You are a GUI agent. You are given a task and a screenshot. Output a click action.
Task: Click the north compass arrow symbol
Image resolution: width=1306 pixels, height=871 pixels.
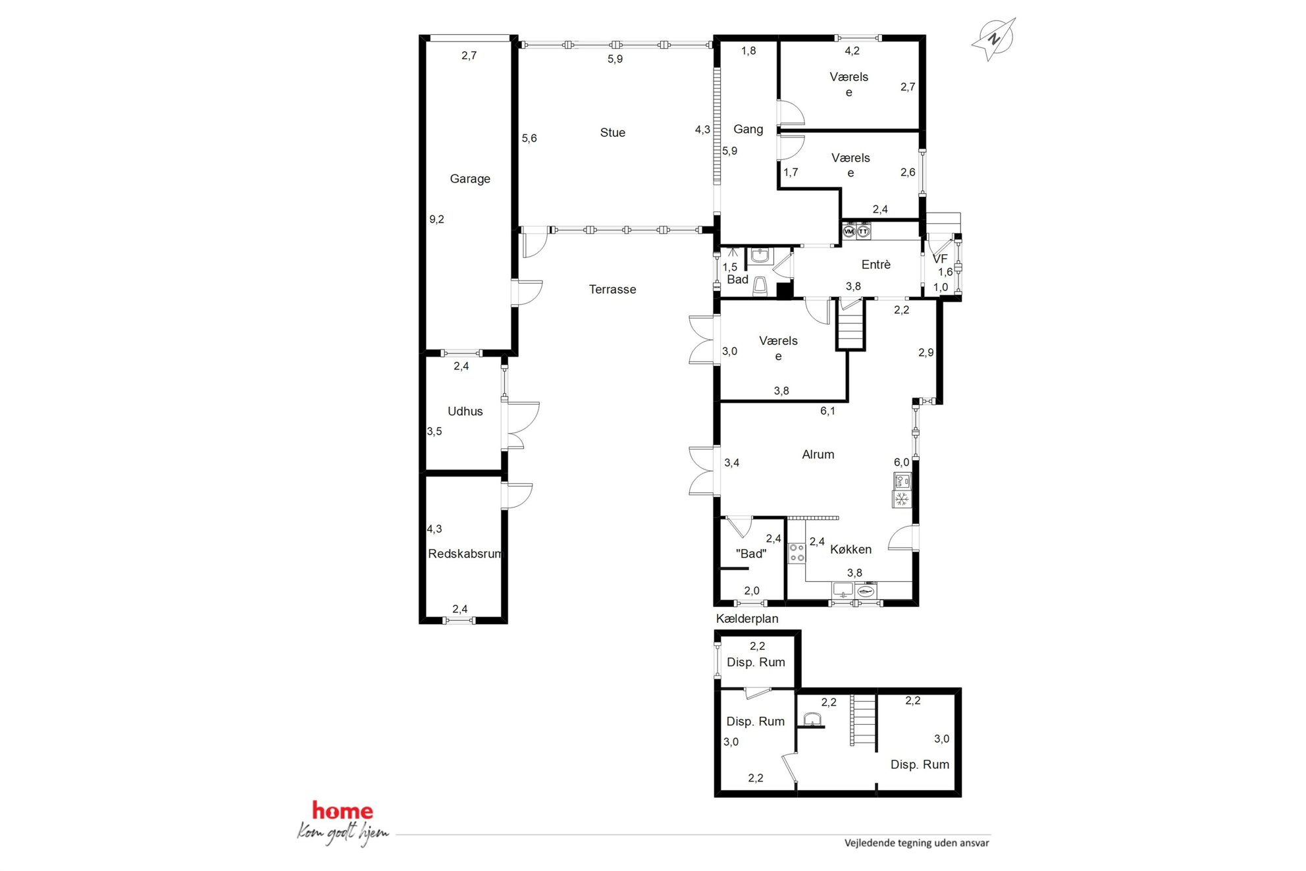[x=994, y=39]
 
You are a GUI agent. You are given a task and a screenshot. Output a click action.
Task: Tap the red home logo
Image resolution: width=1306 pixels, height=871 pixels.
[x=342, y=810]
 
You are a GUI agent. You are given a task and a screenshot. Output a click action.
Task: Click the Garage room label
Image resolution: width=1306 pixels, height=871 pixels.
[x=470, y=178]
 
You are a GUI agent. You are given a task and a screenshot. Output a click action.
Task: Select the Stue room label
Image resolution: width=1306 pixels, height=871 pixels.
[x=613, y=132]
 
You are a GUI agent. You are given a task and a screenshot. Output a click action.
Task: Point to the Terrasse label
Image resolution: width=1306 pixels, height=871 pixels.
[x=612, y=289]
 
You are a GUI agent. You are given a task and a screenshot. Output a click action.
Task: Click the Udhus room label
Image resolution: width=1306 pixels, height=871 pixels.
[x=465, y=411]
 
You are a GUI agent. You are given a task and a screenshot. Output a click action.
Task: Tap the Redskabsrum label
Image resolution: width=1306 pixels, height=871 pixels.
[x=465, y=554]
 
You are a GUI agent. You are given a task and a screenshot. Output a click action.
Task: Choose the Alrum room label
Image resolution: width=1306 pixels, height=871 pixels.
[x=818, y=454]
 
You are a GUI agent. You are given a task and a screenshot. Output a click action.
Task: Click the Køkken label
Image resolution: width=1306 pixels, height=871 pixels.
[x=850, y=549]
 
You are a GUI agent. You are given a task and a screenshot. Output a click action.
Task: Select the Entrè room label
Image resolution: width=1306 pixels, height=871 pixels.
[x=876, y=264]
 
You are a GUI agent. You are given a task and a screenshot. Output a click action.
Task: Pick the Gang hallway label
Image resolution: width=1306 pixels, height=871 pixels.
[x=748, y=129]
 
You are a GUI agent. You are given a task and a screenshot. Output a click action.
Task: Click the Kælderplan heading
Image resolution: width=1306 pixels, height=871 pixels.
[x=747, y=619]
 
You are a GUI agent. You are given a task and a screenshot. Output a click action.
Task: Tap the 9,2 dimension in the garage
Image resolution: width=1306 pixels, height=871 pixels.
[x=437, y=219]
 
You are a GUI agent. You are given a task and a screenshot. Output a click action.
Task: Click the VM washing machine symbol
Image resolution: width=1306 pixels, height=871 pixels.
[x=849, y=231]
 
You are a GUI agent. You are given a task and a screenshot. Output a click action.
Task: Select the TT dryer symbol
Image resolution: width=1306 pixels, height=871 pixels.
[x=863, y=231]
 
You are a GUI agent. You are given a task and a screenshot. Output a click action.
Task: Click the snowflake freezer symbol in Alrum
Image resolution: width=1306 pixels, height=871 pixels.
[x=902, y=499]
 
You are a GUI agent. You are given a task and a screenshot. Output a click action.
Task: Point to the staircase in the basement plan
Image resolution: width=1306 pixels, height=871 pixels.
[x=864, y=720]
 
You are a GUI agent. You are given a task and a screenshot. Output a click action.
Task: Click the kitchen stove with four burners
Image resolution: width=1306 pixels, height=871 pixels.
[x=797, y=553]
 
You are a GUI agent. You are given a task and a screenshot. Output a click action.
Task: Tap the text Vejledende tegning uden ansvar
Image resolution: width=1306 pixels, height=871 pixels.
[x=917, y=843]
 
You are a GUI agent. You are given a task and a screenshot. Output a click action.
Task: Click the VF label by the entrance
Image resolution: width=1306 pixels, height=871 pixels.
[x=940, y=259]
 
